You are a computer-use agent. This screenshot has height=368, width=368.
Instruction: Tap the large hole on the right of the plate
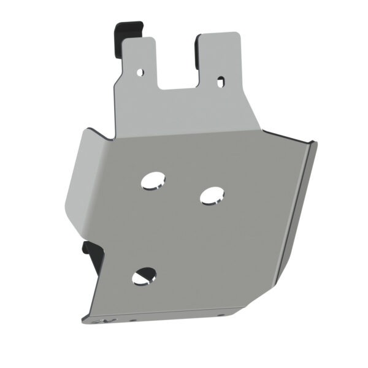pyautogui.click(x=212, y=194)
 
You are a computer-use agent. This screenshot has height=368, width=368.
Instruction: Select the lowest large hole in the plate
pyautogui.click(x=144, y=277)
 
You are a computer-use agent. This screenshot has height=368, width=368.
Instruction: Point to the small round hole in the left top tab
pyautogui.click(x=140, y=72)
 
